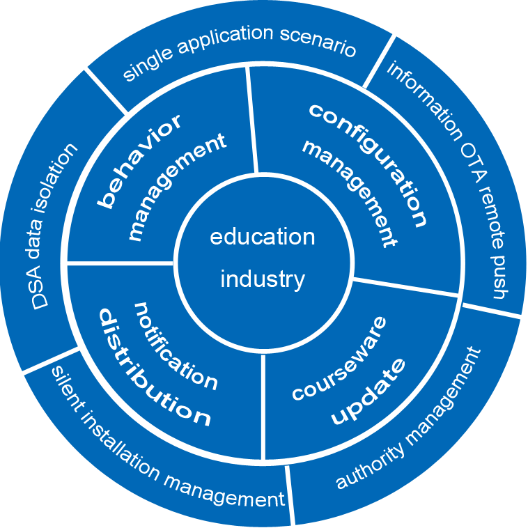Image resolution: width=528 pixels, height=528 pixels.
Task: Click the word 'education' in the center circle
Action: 263,237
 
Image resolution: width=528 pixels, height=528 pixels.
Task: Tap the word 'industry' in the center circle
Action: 263,279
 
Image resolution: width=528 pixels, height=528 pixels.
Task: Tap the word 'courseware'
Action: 339,359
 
